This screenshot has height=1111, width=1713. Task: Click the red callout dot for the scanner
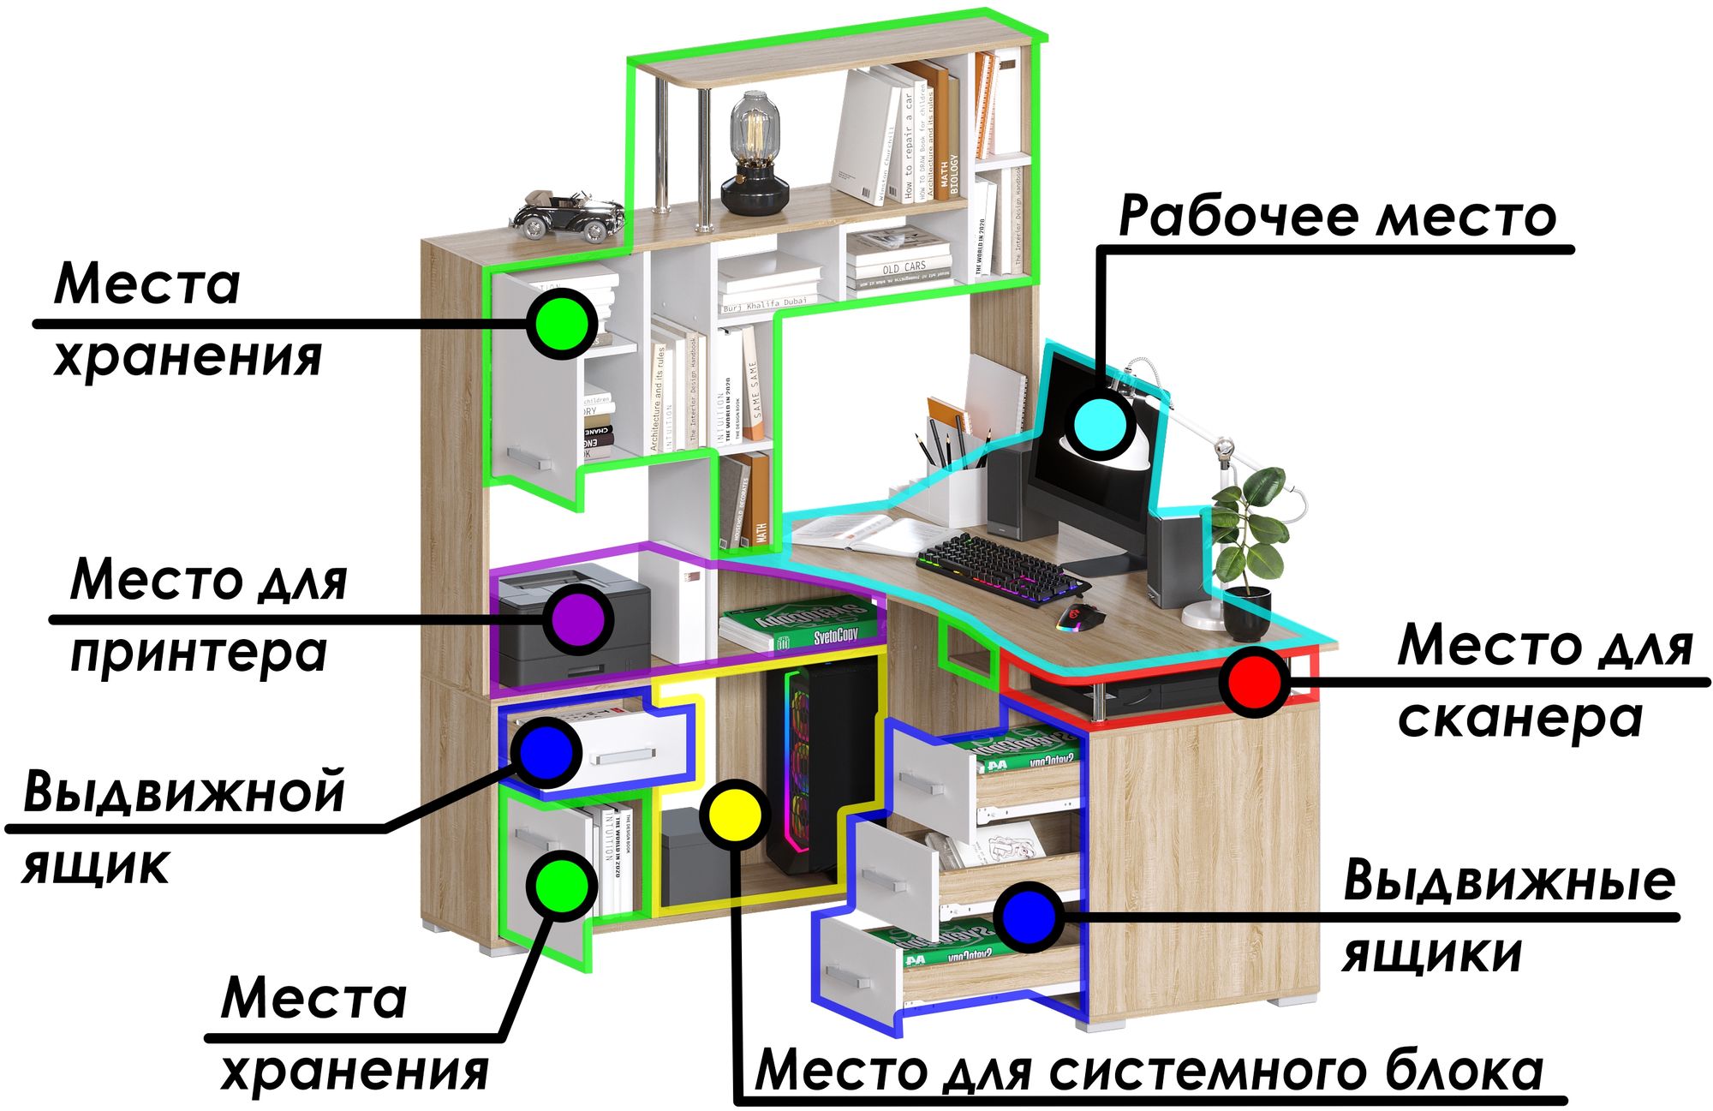tap(1255, 682)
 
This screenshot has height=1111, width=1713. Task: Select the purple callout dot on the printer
tap(580, 618)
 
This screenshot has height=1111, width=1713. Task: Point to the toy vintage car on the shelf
tap(568, 215)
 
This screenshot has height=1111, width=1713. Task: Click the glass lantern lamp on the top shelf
tap(754, 154)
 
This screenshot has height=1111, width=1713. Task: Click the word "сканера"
tap(1520, 718)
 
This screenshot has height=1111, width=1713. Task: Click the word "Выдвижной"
tap(184, 791)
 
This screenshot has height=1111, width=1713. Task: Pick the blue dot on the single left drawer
tap(546, 752)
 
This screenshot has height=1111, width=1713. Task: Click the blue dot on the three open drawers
tap(1029, 917)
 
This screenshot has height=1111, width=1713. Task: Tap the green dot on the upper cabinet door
tap(561, 324)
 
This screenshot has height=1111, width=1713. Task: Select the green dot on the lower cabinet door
tap(561, 886)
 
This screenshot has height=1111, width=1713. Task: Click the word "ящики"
tap(1432, 953)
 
